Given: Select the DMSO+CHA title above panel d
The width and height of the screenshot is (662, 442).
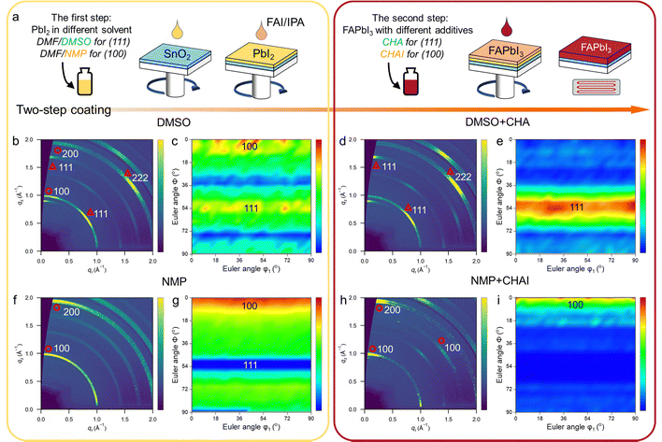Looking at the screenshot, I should [492, 122].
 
